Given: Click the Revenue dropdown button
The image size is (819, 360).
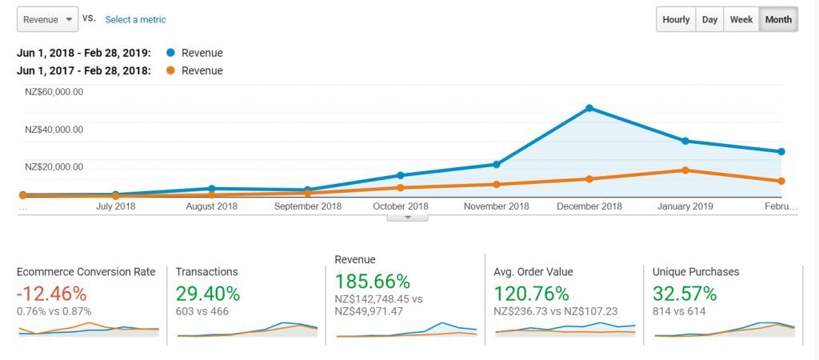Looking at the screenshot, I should tap(47, 19).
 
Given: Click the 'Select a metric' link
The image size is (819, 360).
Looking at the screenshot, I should tap(135, 19).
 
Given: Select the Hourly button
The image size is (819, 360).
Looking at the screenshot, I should tap(676, 20).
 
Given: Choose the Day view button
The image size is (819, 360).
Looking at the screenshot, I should tap(709, 20).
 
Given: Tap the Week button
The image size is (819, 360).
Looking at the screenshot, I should tap(741, 20).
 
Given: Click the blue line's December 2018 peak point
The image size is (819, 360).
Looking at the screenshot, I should tap(589, 108).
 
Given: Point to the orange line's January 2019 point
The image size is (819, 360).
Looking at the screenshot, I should tap(685, 170).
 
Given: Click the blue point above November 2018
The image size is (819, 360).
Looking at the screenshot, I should tap(496, 165).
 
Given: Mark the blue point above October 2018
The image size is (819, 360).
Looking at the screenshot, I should tap(401, 175).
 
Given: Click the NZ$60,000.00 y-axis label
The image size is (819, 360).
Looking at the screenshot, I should tap(54, 92).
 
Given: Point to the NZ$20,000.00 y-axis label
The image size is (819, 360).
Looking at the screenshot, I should tap(54, 166).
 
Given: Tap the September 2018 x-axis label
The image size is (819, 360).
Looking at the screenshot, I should tap(308, 206).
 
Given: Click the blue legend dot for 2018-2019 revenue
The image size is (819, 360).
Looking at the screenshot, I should tap(170, 54).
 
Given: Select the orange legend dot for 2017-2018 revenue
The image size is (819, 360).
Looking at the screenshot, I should tap(170, 70).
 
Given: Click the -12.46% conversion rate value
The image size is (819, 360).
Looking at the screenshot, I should tap(51, 294).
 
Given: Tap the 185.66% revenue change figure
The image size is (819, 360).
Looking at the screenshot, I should tap(372, 282).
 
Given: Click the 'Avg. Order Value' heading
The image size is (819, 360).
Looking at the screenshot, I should tap(533, 272).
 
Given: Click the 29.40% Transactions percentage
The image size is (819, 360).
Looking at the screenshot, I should tap(208, 294).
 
